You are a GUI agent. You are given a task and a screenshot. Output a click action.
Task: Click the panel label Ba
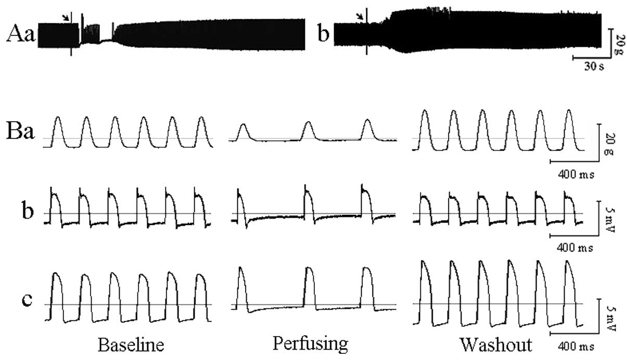pos(20,132)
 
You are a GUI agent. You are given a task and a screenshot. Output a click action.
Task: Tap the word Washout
pos(496,345)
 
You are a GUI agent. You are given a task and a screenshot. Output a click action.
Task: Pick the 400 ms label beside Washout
pos(571,345)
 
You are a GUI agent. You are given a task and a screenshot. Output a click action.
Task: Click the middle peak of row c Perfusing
pos(309,268)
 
